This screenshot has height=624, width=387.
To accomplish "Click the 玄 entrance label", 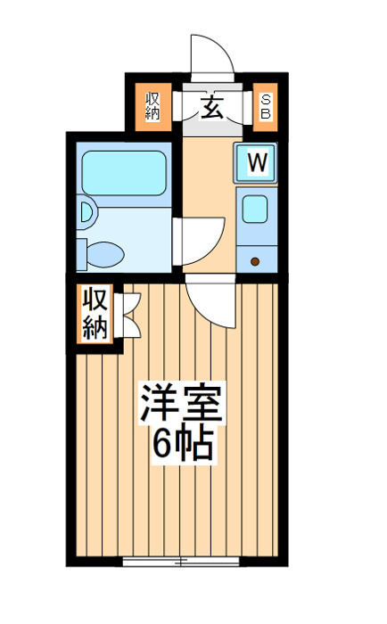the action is pyautogui.click(x=211, y=108).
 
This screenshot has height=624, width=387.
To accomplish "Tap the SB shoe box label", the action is pyautogui.click(x=265, y=107).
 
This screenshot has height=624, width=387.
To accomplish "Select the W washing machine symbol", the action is pyautogui.click(x=255, y=163).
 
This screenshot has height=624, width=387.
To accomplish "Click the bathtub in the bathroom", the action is pyautogui.click(x=124, y=173).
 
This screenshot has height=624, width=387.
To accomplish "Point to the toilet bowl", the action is pyautogui.click(x=105, y=255).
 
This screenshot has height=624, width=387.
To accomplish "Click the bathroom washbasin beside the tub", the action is pyautogui.click(x=87, y=212).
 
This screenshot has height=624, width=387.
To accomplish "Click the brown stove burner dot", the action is pyautogui.click(x=255, y=261).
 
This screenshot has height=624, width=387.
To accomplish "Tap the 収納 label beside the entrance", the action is pyautogui.click(x=152, y=106).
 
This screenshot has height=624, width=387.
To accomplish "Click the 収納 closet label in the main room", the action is pyautogui.click(x=95, y=313).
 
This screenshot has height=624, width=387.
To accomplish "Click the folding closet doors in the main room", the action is pyautogui.click(x=128, y=316).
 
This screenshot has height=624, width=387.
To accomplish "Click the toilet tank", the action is pyautogui.click(x=82, y=255).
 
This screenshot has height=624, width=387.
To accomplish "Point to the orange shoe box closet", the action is pyautogui.click(x=265, y=107).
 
